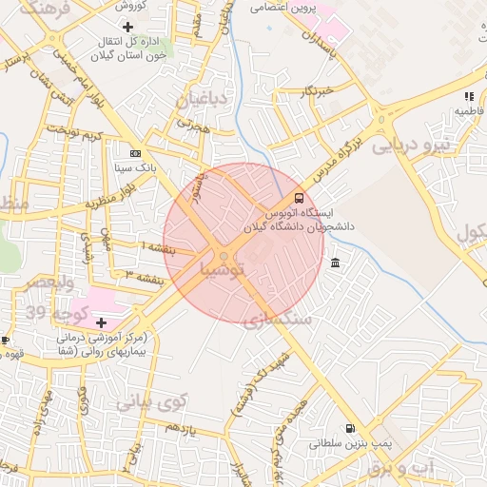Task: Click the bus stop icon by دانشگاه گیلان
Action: click(x=300, y=199)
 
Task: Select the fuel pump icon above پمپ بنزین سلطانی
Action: click(x=351, y=428)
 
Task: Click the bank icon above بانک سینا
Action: click(x=135, y=152)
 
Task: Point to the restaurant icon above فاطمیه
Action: click(x=468, y=96)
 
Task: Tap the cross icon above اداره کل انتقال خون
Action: click(x=128, y=26)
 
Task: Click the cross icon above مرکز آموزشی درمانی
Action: click(x=102, y=322)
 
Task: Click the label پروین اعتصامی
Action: click(x=282, y=8)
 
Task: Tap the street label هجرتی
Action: click(x=191, y=124)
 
